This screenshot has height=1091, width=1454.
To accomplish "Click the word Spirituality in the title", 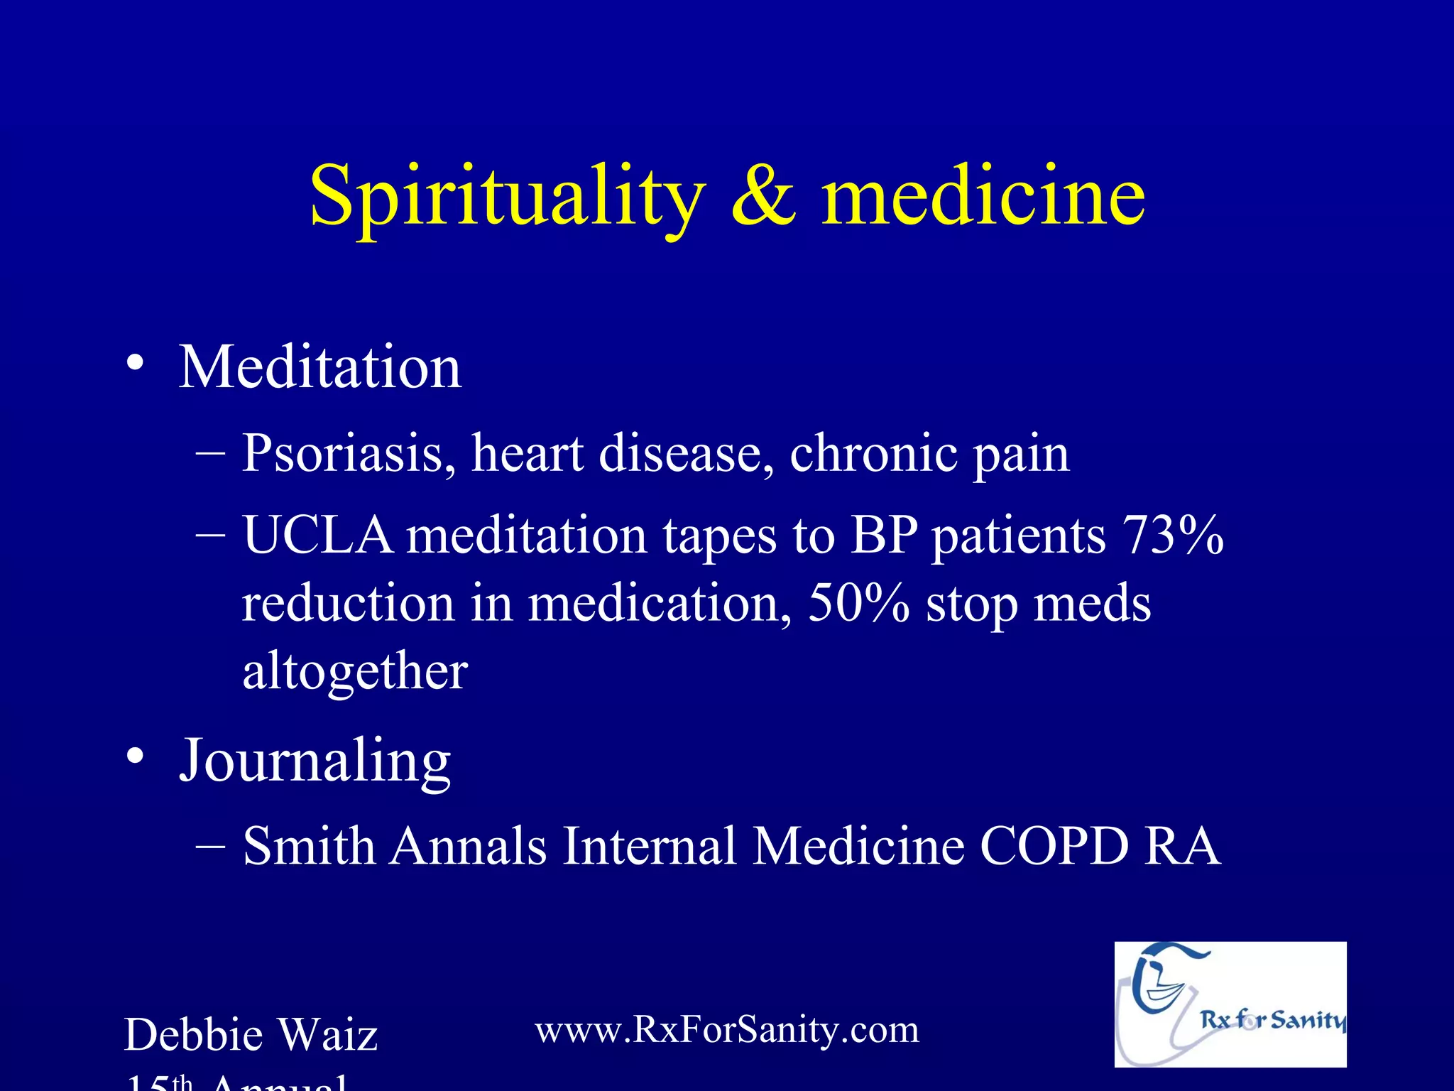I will tap(507, 195).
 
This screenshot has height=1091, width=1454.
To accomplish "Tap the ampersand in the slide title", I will tap(762, 195).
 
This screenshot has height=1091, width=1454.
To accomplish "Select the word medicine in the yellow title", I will tap(983, 195).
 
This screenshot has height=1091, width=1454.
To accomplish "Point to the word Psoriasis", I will tap(349, 455).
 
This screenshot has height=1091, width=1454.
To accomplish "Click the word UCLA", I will tap(317, 535).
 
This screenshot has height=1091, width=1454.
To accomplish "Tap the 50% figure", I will tap(858, 604).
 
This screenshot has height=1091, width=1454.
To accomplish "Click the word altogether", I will tap(355, 672).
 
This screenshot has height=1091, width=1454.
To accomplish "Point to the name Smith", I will tap(309, 847).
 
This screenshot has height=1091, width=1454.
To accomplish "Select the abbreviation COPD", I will tap(1054, 847).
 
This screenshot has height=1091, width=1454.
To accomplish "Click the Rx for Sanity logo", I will tap(1230, 1004).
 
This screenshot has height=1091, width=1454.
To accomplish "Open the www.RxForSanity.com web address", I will tap(726, 1030).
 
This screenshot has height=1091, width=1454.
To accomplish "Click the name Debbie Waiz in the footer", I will tap(251, 1035).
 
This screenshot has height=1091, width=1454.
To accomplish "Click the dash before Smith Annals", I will tap(210, 847).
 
